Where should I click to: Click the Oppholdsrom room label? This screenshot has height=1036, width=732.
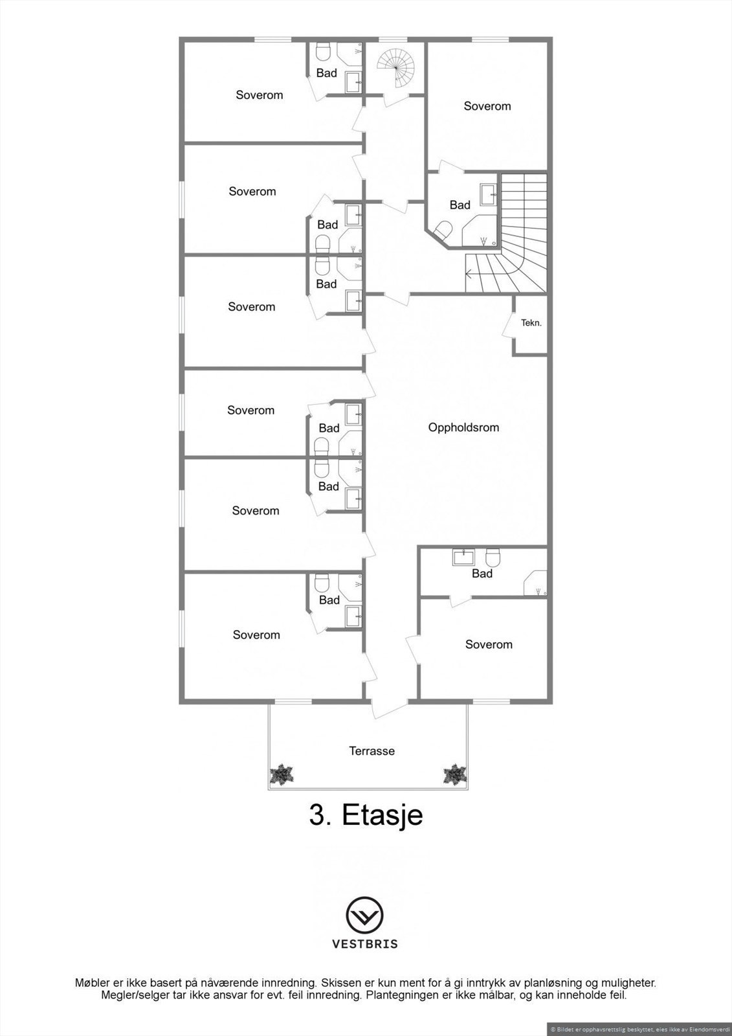click(x=463, y=427)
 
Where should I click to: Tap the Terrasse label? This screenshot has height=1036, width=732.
click(x=372, y=751)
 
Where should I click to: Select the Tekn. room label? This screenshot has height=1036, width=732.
click(x=531, y=322)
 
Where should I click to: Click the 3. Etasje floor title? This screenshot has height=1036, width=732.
click(x=366, y=815)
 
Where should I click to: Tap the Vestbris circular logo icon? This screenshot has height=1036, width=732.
click(x=365, y=916)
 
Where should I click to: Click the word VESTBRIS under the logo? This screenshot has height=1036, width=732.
click(x=365, y=944)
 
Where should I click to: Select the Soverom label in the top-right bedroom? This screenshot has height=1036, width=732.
click(x=487, y=106)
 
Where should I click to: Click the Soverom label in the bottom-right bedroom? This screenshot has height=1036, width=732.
click(x=489, y=644)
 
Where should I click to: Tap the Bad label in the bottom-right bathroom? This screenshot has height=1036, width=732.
click(x=482, y=574)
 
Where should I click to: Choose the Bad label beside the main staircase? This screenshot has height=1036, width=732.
click(x=460, y=205)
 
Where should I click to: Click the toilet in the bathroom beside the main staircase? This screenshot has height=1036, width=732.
click(x=443, y=230)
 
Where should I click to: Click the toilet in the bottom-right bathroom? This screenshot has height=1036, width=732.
click(x=494, y=557)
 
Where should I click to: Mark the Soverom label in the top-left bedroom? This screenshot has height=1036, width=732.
click(x=260, y=95)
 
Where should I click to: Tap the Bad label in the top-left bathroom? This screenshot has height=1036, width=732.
click(x=327, y=73)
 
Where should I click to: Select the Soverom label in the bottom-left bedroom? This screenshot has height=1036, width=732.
click(x=256, y=635)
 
